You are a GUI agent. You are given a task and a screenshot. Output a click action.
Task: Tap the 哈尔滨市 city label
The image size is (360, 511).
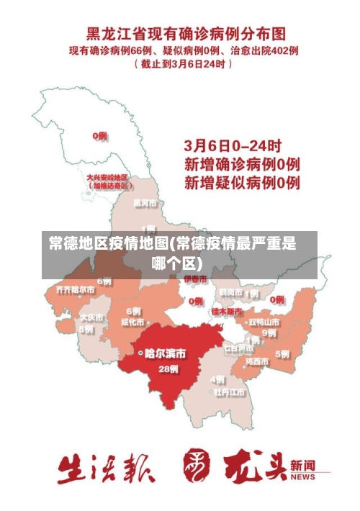pyautogui.click(x=165, y=353)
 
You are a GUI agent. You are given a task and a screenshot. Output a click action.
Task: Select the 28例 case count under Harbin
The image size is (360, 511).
pyautogui.click(x=168, y=368)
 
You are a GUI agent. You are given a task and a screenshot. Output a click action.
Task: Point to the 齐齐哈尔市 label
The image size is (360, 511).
pyautogui.click(x=75, y=289)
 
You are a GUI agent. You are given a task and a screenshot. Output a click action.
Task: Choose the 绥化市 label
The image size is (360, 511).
pyautogui.click(x=133, y=322)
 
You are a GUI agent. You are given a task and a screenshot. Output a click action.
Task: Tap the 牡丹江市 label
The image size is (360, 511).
pyautogui.click(x=229, y=392)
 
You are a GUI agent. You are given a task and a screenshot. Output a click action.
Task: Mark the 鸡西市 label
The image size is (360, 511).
pyautogui.click(x=257, y=361)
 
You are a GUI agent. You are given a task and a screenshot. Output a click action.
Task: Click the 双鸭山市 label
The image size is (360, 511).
pyautogui.click(x=264, y=322)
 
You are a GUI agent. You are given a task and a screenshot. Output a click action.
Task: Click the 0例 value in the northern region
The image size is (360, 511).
pyautogui.click(x=100, y=135)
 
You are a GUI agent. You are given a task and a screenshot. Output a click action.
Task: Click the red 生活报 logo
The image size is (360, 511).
pyautogui.click(x=106, y=469)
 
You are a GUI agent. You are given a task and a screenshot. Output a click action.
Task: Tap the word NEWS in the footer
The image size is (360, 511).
pyautogui.click(x=303, y=477)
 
